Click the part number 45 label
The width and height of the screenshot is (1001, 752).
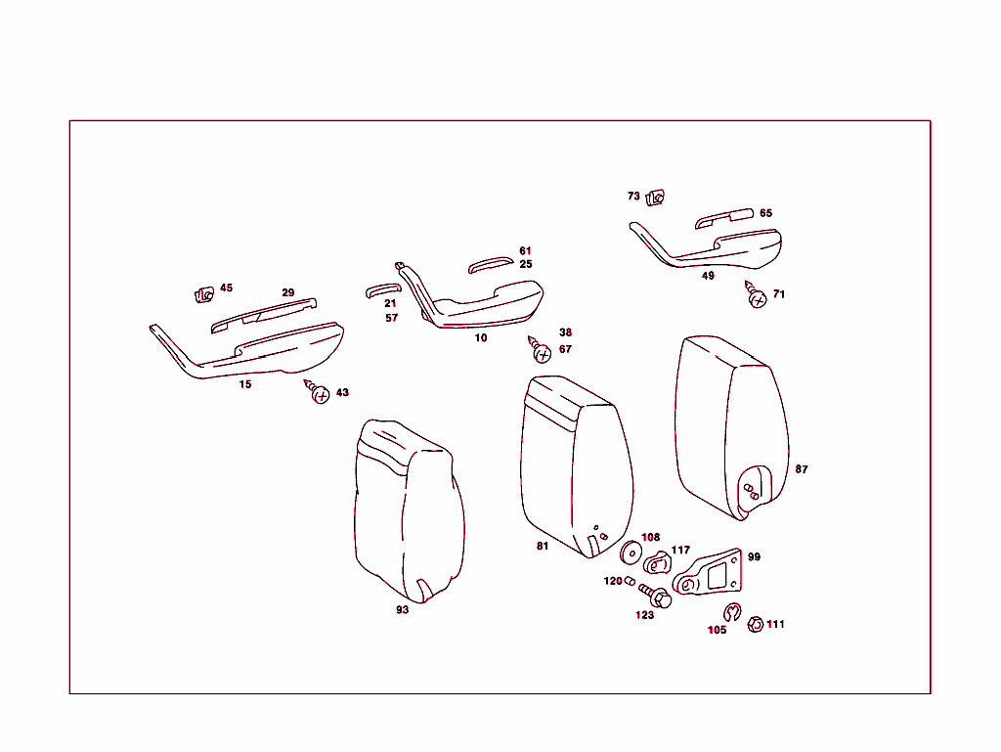(226, 288)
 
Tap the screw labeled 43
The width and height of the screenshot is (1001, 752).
(319, 393)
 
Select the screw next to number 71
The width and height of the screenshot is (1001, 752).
(757, 296)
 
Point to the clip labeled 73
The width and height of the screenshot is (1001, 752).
(656, 199)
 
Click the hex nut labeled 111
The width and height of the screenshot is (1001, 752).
(755, 624)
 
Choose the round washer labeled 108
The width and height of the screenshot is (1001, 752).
(631, 554)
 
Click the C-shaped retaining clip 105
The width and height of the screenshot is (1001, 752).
(731, 613)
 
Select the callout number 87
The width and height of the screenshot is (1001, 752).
(802, 469)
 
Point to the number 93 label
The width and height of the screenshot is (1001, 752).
(402, 610)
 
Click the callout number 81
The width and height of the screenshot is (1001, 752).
(543, 547)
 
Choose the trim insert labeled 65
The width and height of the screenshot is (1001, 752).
(724, 218)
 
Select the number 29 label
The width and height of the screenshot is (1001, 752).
(287, 292)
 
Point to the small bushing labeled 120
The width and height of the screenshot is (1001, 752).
(631, 583)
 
